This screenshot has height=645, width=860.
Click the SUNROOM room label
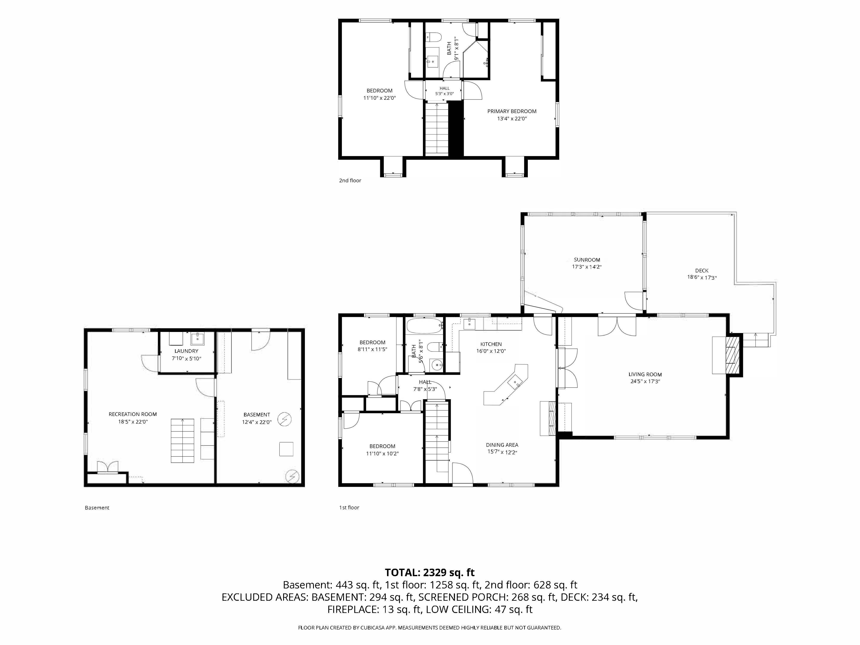(x=587, y=260)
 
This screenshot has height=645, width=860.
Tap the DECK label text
(x=702, y=271)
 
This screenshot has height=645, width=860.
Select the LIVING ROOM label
(x=645, y=374)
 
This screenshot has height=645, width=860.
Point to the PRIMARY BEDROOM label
(x=512, y=111)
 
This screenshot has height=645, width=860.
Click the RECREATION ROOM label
(x=133, y=414)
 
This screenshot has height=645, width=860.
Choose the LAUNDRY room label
(x=186, y=351)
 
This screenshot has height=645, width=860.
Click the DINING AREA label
(x=502, y=445)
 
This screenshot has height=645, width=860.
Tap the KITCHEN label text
(x=491, y=344)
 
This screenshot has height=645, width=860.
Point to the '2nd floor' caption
(x=350, y=180)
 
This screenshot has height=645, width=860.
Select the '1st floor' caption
(x=349, y=507)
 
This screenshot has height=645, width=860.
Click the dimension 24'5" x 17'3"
(x=645, y=381)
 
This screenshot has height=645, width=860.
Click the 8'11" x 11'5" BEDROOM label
(x=372, y=346)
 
